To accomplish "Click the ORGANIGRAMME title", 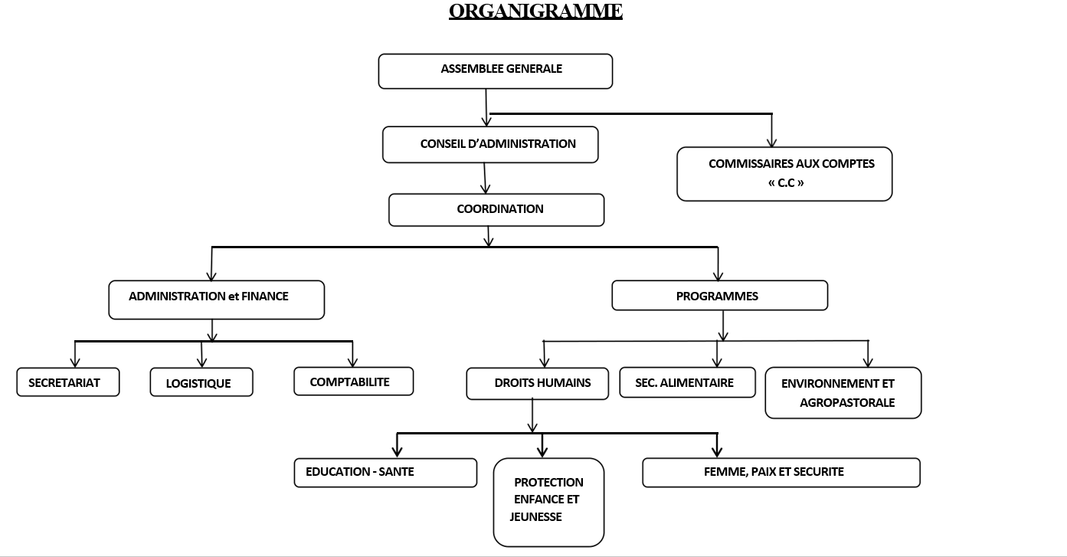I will tap(535, 11).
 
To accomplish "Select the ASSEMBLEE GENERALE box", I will tap(496, 70).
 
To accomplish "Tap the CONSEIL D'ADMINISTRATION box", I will tap(490, 144).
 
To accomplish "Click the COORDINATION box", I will tap(496, 210).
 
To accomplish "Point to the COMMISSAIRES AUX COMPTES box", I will tap(784, 174).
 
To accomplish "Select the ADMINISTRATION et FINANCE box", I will tap(216, 299).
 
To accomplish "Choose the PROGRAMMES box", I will tap(719, 296).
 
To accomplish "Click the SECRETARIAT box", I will tap(67, 382).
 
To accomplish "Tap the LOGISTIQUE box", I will tap(201, 383).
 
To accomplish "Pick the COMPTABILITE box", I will tap(353, 382).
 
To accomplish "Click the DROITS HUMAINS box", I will tap(538, 383).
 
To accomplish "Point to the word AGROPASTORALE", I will tap(847, 402).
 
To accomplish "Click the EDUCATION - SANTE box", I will tap(385, 472).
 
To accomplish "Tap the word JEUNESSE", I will tap(535, 517).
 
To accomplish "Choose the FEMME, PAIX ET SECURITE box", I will tap(781, 472).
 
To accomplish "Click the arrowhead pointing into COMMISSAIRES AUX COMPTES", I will tap(772, 142).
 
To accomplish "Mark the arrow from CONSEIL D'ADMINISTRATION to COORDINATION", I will tap(485, 178).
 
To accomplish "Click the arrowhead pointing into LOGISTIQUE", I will tap(203, 363).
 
